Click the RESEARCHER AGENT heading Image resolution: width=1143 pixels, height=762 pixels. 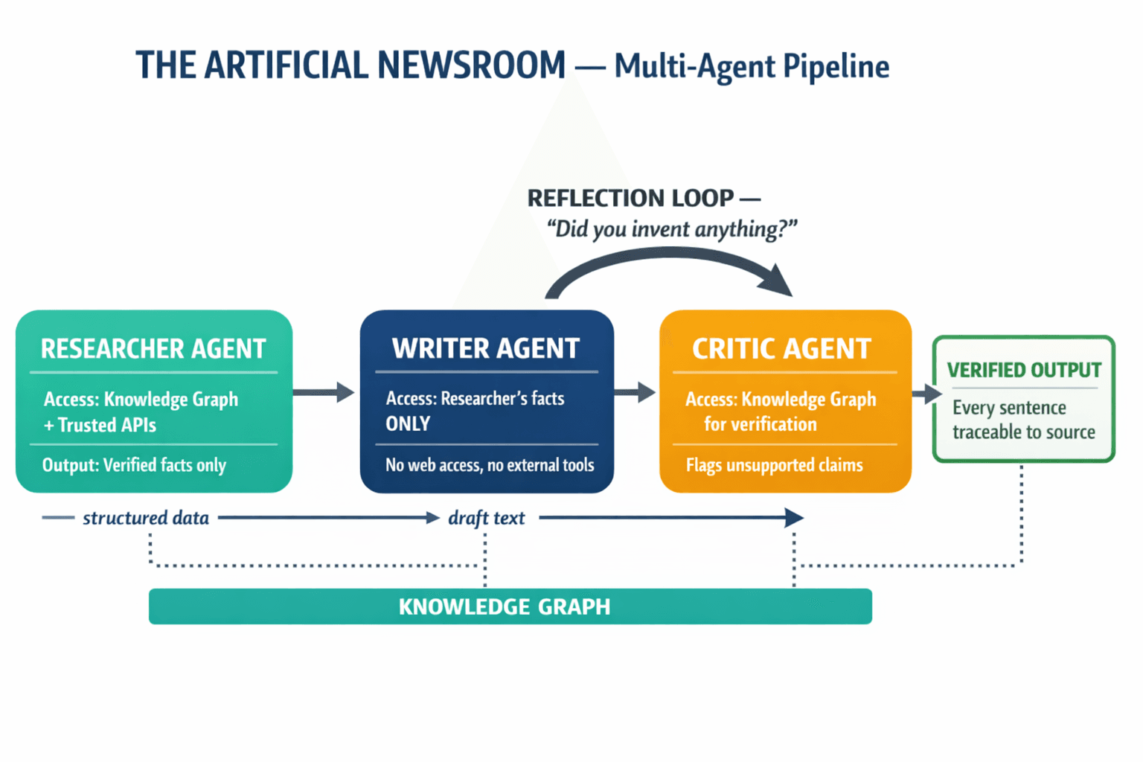coord(153,349)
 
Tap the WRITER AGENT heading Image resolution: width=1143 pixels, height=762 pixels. coord(485,348)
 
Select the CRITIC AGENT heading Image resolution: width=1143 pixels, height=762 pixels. coord(781,349)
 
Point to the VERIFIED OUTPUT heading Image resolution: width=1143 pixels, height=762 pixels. coord(1023,370)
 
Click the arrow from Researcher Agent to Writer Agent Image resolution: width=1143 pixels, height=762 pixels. coord(324,392)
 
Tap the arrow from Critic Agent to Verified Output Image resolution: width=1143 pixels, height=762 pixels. coord(926,394)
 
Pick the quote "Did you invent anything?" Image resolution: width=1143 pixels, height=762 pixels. coord(671,229)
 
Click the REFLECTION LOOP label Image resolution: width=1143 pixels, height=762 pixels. coord(631,198)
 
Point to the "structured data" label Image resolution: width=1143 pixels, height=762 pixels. coord(146,518)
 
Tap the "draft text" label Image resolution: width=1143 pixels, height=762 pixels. coord(486,518)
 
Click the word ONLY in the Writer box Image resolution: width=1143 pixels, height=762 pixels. coord(408,424)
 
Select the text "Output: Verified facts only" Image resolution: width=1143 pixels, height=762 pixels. coord(134,465)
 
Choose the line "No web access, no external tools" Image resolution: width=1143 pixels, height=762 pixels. coord(490,465)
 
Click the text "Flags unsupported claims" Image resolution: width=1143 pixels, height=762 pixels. coord(774,465)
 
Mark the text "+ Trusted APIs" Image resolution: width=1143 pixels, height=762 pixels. coord(100,425)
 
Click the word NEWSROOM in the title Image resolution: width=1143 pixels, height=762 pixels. coord(471,65)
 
